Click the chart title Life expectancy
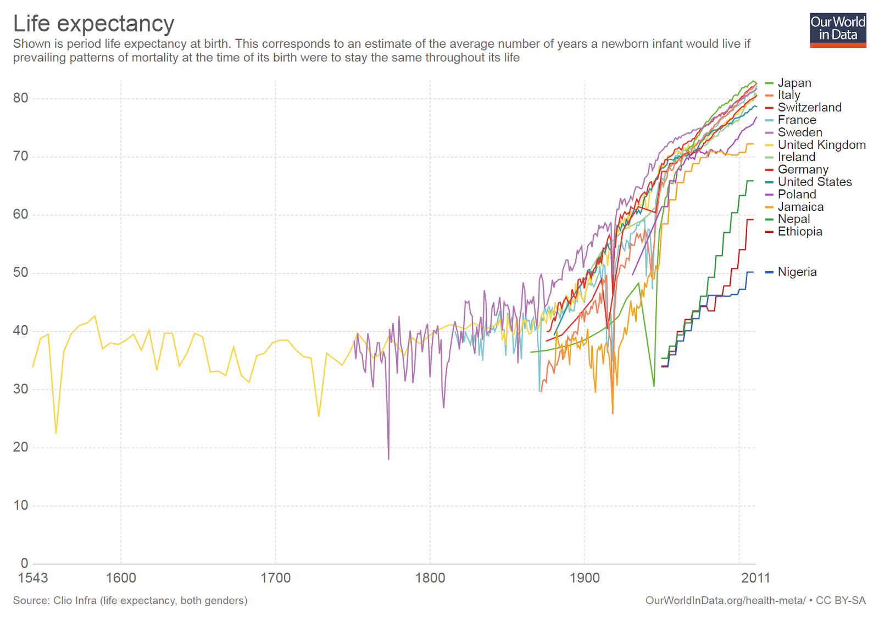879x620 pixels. [x=93, y=24]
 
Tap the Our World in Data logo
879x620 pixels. [x=837, y=30]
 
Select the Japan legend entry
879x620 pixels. [x=794, y=83]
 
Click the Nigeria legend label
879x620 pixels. [x=797, y=272]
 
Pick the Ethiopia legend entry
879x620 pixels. [x=799, y=232]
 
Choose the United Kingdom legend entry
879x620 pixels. [x=821, y=145]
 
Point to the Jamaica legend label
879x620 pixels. [x=800, y=207]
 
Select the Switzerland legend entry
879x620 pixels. [x=809, y=108]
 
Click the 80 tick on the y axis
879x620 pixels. [x=20, y=98]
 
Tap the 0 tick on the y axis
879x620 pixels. [x=24, y=563]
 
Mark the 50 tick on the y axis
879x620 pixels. [x=20, y=273]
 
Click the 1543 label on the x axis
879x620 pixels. [x=33, y=578]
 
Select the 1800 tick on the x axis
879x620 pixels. [x=430, y=578]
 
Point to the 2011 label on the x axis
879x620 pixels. [x=755, y=578]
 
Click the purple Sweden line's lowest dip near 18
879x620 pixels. [x=388, y=458]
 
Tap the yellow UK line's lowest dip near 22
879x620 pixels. [x=56, y=433]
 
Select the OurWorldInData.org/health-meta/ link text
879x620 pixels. [x=725, y=601]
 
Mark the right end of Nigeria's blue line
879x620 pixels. [x=753, y=272]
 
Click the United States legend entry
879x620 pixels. [x=814, y=182]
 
